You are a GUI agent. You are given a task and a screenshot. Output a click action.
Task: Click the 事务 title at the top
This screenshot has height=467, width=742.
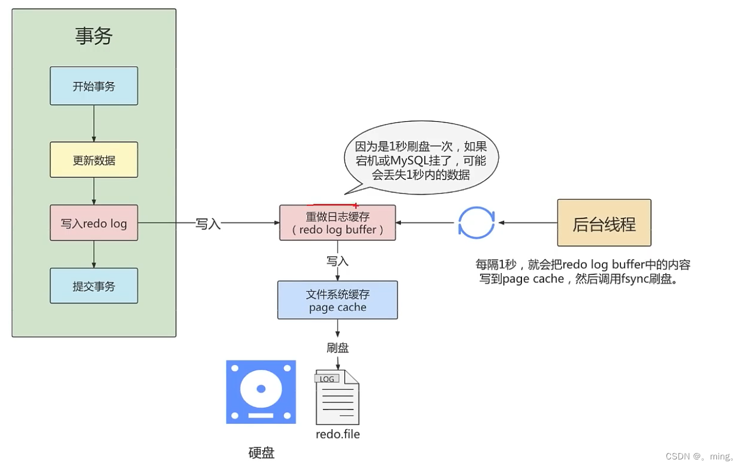94,37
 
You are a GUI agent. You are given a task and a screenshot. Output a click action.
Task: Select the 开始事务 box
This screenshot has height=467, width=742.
94,86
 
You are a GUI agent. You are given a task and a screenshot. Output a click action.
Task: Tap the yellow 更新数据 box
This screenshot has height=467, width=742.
94,160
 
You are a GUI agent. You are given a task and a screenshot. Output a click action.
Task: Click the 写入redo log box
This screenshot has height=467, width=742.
94,223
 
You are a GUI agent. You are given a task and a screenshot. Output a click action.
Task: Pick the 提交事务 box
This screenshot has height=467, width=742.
94,286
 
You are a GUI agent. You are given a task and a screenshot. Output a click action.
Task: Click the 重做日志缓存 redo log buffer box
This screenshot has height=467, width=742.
338,222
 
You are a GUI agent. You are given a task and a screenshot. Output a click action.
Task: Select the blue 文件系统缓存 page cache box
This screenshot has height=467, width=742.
338,300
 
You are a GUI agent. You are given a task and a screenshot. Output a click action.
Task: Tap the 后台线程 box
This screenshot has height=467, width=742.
604,223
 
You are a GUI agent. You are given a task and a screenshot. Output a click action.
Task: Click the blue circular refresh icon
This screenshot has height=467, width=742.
476,222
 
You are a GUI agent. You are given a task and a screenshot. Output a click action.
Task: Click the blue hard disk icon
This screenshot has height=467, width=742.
261,392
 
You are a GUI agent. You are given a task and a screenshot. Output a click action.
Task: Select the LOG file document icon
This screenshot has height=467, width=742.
337,397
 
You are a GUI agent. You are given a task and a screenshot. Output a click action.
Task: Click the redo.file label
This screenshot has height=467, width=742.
338,434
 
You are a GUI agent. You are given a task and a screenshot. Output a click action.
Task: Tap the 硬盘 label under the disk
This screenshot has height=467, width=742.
261,452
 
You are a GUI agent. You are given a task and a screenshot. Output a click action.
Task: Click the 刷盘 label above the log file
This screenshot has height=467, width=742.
338,348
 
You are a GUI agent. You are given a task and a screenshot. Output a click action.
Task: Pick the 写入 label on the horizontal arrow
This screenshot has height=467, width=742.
208,224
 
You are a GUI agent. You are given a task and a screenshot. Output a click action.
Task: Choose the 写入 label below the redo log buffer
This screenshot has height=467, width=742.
338,261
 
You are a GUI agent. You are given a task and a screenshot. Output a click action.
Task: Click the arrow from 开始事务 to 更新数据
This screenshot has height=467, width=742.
94,123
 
